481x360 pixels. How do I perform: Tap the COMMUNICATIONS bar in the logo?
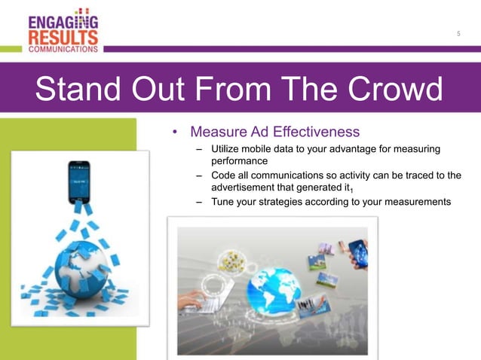click(63, 48)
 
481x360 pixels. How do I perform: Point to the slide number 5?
click(459, 34)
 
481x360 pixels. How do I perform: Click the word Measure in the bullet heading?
click(218, 133)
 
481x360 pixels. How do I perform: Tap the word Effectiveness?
click(317, 133)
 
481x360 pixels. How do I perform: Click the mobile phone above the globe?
click(78, 181)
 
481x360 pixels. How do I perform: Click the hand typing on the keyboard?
click(192, 300)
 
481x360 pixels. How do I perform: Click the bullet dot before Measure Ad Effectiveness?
click(175, 133)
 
